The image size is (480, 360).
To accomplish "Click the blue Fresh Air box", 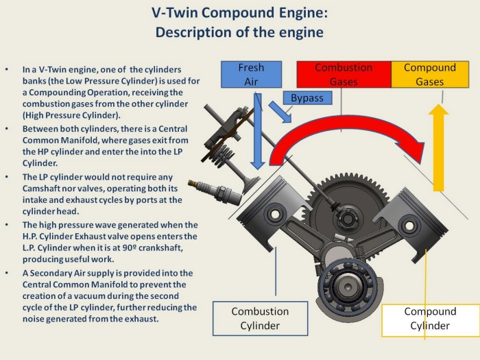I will click(x=251, y=75).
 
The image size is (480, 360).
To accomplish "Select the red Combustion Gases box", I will click(x=343, y=75).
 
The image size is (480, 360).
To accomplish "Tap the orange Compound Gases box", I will click(x=429, y=75).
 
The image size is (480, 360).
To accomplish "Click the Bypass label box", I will click(x=307, y=97).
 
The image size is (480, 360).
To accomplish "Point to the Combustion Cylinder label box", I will click(x=260, y=318).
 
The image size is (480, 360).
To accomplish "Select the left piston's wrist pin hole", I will click(x=274, y=215).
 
